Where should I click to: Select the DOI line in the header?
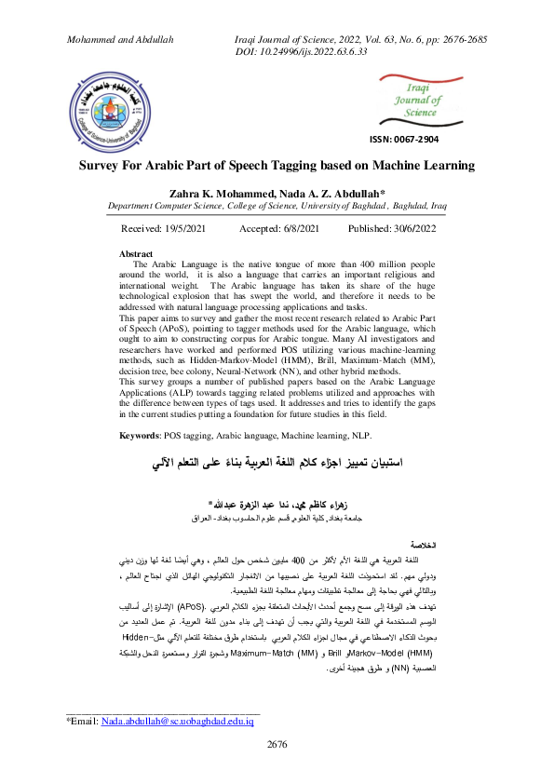pos(303,52)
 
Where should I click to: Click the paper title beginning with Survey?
pos(276,166)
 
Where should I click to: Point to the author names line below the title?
pos(276,193)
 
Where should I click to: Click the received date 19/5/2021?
pos(202,228)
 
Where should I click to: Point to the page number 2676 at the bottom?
pos(277,743)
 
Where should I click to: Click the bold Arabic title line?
pos(277,463)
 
